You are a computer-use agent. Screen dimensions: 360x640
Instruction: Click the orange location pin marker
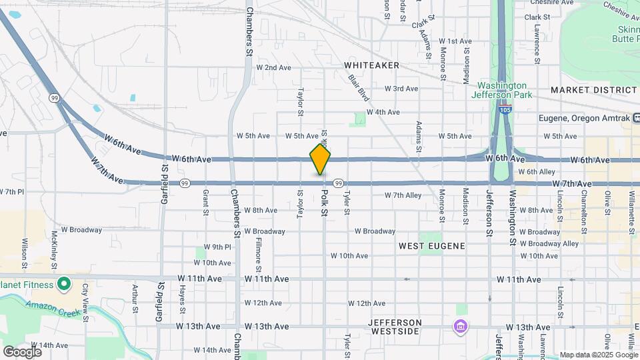(x=320, y=159)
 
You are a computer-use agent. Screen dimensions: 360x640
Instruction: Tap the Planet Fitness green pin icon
(x=64, y=285)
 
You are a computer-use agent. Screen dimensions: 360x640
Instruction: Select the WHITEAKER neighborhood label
(x=371, y=65)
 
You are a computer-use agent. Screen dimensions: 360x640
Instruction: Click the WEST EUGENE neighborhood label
(x=431, y=246)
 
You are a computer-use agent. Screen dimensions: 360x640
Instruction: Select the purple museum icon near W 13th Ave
(x=460, y=327)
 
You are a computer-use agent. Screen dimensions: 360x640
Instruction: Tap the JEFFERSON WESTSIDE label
(x=395, y=326)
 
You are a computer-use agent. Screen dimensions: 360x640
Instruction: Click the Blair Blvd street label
(x=359, y=88)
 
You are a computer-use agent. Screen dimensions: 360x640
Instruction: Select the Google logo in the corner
(x=22, y=351)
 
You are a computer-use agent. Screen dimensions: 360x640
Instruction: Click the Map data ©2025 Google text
(x=598, y=355)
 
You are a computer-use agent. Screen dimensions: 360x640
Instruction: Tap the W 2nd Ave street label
(x=273, y=67)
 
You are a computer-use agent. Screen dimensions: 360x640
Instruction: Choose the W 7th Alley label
(x=403, y=195)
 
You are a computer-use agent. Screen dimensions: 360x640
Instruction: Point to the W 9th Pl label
(x=217, y=247)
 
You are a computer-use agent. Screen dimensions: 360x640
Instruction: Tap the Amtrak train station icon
(x=632, y=119)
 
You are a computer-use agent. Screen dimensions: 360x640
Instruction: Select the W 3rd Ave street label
(x=401, y=89)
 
